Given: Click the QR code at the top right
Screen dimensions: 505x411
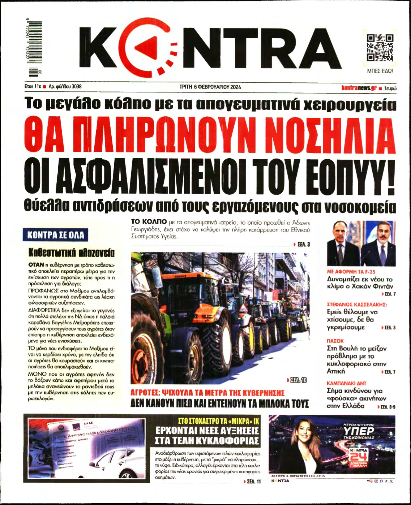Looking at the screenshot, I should click(x=380, y=48).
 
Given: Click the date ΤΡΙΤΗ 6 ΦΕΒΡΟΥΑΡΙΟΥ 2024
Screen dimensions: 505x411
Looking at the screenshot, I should click(x=210, y=87).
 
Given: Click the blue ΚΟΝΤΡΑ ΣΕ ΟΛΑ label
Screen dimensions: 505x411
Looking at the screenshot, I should click(x=56, y=236).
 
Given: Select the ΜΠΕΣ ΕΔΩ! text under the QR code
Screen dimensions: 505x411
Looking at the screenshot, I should click(x=380, y=71).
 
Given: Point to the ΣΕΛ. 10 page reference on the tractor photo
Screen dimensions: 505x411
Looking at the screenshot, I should click(x=297, y=380).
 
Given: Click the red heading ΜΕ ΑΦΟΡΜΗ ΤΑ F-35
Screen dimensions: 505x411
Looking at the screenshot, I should click(x=351, y=272).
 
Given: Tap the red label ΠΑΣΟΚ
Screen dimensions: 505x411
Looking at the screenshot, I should click(x=335, y=341).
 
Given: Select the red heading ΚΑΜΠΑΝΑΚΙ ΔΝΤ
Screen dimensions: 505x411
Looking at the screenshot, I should click(x=346, y=383).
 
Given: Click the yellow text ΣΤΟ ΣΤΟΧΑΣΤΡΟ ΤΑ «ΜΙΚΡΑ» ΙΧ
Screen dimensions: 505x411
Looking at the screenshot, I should click(x=219, y=421).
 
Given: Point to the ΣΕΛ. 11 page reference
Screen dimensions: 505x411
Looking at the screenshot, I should click(x=252, y=482).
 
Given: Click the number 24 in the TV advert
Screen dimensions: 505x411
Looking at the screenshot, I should click(x=359, y=457).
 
